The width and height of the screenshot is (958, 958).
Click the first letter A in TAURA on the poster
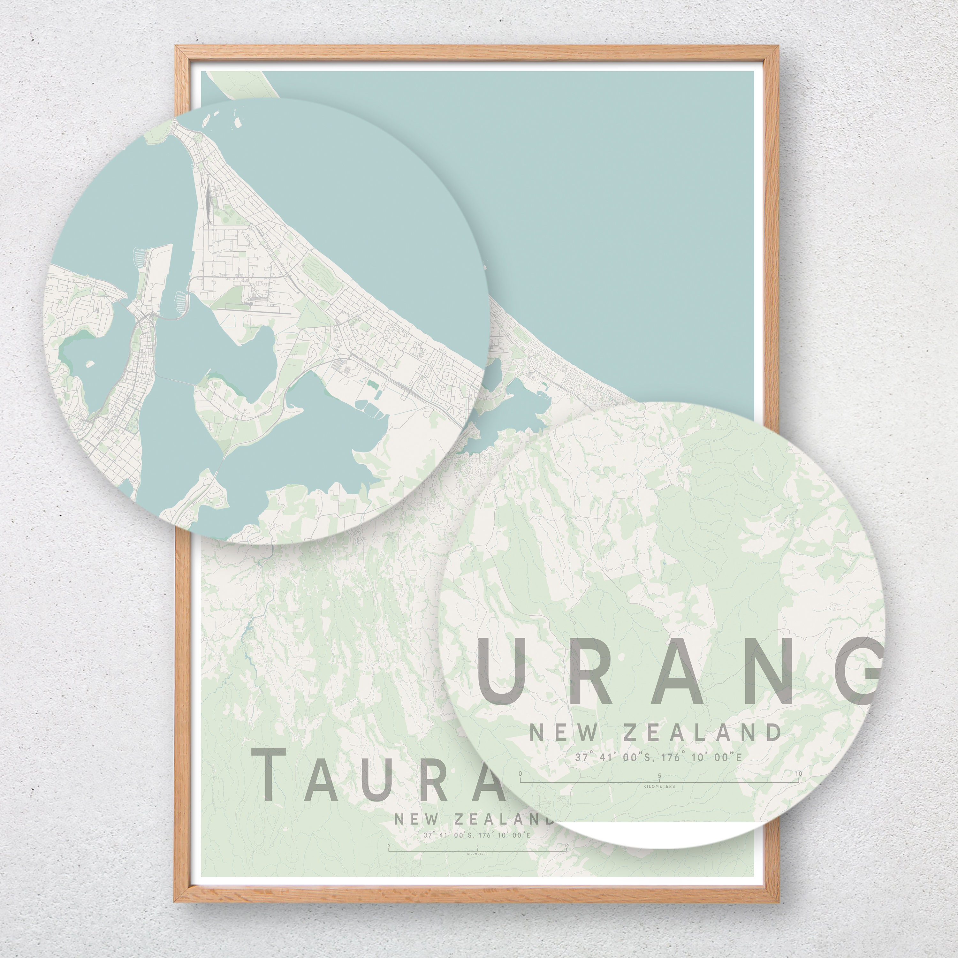328,773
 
